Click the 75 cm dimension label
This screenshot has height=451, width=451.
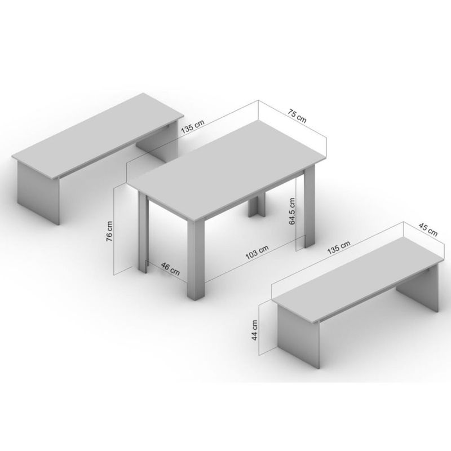click(298, 116)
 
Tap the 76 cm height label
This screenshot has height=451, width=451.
click(109, 231)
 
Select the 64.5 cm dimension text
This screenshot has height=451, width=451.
click(292, 211)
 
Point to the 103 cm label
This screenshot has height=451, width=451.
click(257, 252)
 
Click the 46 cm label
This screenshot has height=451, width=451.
click(170, 269)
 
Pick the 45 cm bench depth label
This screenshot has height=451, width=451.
click(428, 229)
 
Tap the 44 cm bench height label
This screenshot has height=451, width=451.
click(255, 330)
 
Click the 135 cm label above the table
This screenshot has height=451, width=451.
click(193, 126)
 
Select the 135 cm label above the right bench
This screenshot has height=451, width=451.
click(339, 247)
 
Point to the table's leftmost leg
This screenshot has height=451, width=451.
click(143, 232)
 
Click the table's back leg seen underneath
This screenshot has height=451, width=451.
click(258, 205)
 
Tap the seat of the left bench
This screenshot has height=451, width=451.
click(98, 134)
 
